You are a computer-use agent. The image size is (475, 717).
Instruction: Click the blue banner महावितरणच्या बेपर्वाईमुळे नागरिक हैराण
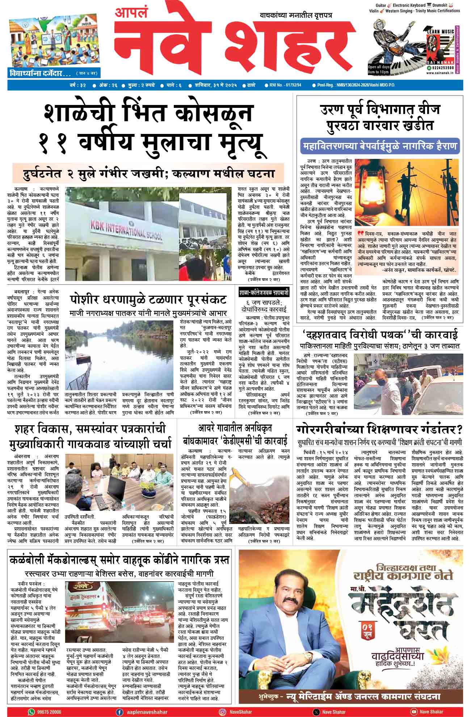click(380, 147)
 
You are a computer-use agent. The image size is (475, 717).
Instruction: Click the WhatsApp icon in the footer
click(31, 712)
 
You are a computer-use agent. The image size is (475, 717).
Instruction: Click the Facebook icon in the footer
click(119, 712)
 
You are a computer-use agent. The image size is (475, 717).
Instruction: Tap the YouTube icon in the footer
click(413, 712)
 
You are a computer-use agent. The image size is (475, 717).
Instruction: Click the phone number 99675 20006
click(49, 712)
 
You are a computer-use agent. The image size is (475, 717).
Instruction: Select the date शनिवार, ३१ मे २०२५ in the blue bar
click(213, 85)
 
